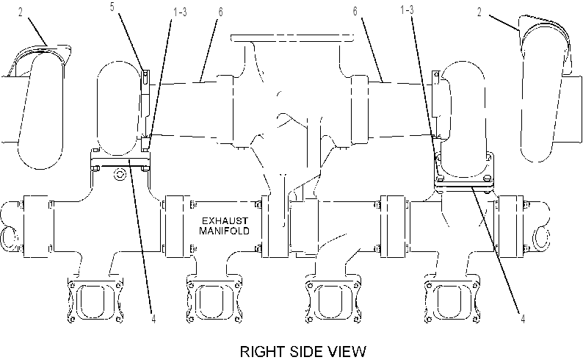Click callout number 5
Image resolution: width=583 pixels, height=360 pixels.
point(112,7)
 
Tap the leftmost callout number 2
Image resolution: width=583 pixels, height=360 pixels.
point(21,12)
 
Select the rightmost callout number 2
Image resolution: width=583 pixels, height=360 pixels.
point(479,12)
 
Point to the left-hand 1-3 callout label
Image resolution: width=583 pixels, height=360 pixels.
point(180,12)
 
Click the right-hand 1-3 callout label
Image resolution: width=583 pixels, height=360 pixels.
point(407,10)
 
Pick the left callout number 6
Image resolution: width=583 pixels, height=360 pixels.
point(220,12)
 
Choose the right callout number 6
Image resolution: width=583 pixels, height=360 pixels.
point(355,11)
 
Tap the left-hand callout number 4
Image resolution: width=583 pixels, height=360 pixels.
point(153,318)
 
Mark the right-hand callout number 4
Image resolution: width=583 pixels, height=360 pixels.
point(523,319)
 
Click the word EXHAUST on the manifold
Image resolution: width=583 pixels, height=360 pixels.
point(225,221)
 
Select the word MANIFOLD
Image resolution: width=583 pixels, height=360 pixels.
point(224,231)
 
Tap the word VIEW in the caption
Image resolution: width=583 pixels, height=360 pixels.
point(347,351)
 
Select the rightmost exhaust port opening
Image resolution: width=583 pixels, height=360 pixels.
point(452,300)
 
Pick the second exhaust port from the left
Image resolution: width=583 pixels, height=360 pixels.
point(214,300)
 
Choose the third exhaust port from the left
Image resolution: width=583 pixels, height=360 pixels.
point(333,300)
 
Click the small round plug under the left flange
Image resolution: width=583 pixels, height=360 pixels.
point(120,174)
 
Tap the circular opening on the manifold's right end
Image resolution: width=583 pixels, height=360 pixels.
point(541,238)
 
